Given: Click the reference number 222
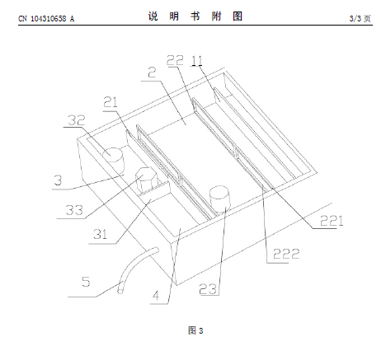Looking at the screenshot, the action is pyautogui.click(x=286, y=254).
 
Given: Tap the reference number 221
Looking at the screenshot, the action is pyautogui.click(x=332, y=221).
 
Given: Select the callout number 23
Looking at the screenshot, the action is pyautogui.click(x=208, y=289).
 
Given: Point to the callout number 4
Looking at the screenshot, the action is pyautogui.click(x=156, y=296).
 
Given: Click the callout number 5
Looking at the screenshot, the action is pyautogui.click(x=86, y=282).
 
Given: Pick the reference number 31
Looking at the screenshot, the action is pyautogui.click(x=100, y=234).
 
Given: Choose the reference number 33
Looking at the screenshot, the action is pyautogui.click(x=74, y=210).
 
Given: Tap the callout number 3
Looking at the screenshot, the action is pyautogui.click(x=58, y=180).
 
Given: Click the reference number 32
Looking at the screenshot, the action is pyautogui.click(x=77, y=120).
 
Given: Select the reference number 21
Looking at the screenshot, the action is pyautogui.click(x=111, y=102).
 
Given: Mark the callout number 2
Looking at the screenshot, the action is pyautogui.click(x=152, y=72).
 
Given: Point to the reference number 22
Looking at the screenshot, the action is pyautogui.click(x=175, y=60).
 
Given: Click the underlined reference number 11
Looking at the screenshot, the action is pyautogui.click(x=197, y=60).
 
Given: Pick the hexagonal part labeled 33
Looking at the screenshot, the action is pyautogui.click(x=146, y=180).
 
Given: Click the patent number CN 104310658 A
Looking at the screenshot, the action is pyautogui.click(x=46, y=19).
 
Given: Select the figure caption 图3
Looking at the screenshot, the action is pyautogui.click(x=195, y=330).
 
